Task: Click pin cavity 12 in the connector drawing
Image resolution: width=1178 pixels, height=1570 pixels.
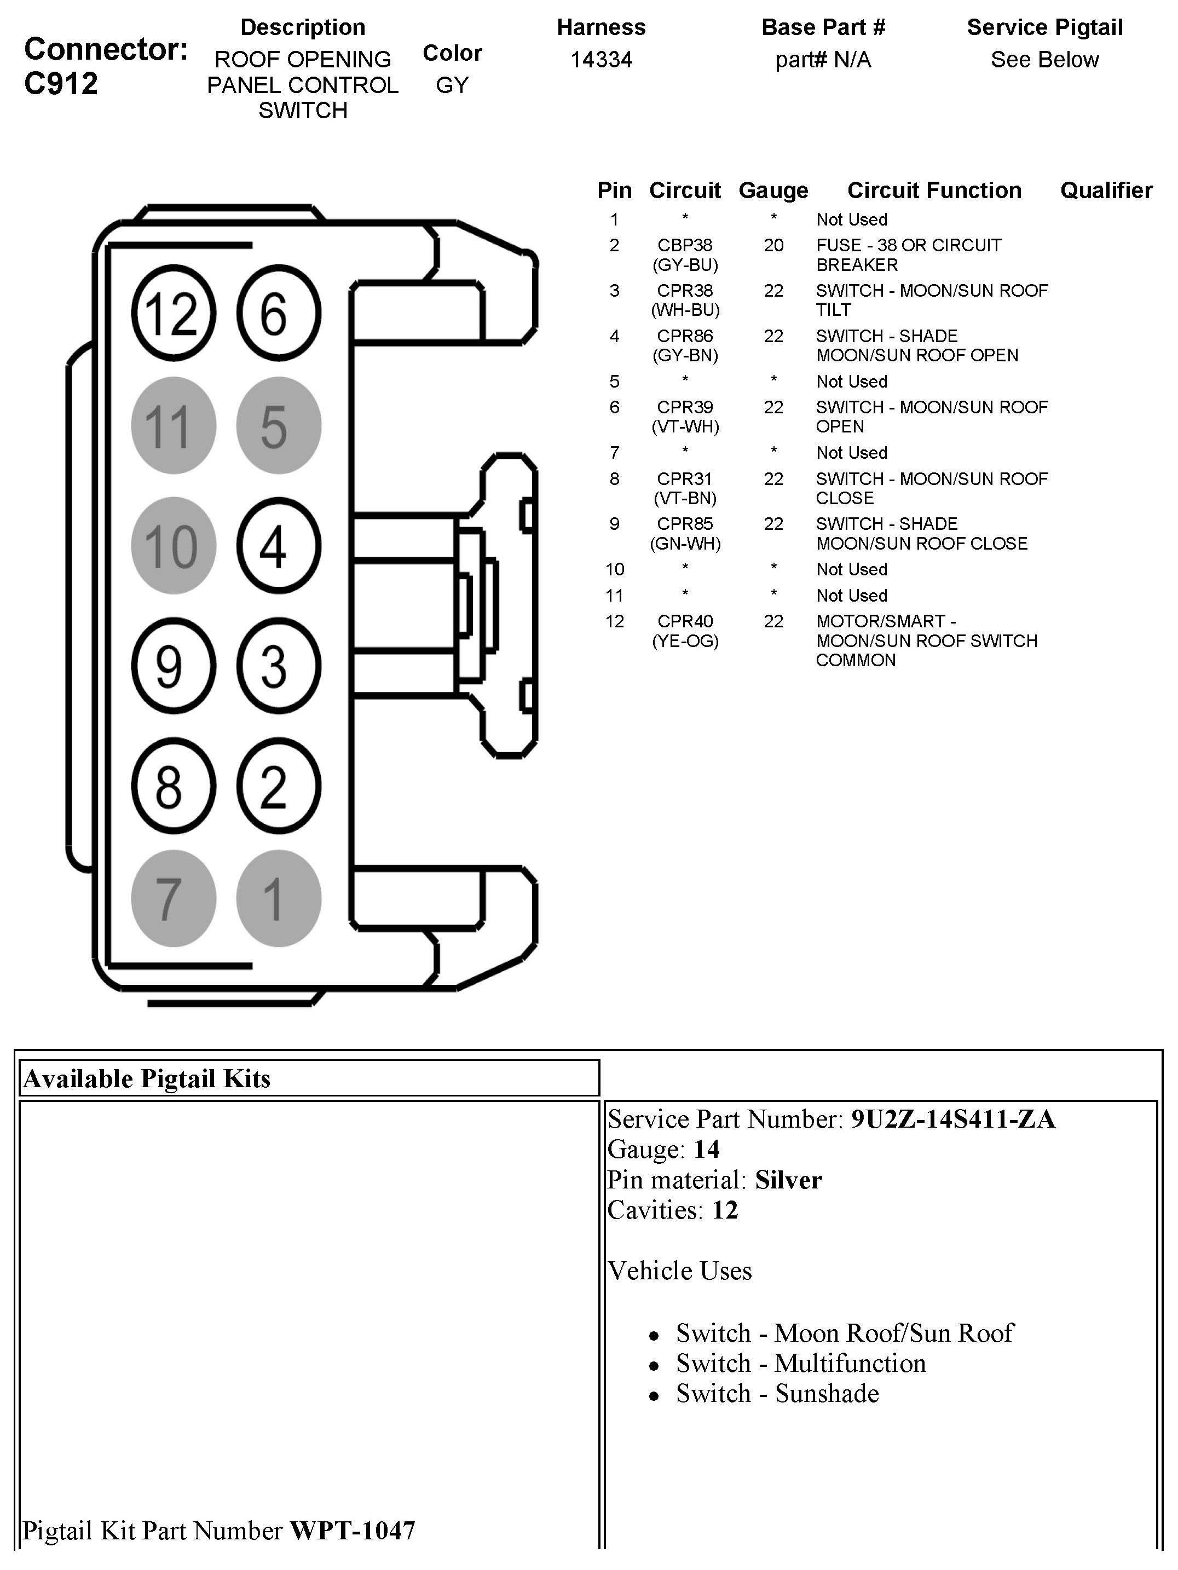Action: (173, 313)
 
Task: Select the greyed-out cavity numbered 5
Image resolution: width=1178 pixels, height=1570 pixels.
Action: (278, 425)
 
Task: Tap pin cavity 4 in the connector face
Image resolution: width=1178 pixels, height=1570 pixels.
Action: (278, 545)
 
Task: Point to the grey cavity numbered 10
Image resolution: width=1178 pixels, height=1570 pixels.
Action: (173, 545)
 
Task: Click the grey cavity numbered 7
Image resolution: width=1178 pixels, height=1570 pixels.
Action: (173, 898)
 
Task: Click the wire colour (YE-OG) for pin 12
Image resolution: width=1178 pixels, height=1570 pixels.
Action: (685, 641)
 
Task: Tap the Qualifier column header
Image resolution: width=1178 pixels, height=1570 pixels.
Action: (1106, 190)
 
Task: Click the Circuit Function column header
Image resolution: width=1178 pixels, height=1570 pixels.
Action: (934, 190)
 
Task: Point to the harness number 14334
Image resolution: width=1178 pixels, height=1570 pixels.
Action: (601, 60)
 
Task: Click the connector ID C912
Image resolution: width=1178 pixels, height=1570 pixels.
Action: (61, 84)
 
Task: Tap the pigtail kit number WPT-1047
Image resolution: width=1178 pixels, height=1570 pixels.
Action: (353, 1530)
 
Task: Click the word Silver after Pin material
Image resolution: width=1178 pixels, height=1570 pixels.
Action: (788, 1180)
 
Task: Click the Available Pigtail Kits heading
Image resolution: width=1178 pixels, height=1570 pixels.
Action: (147, 1078)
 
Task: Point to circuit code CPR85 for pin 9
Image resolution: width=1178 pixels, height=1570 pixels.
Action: (685, 524)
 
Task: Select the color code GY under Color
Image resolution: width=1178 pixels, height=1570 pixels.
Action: (452, 85)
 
